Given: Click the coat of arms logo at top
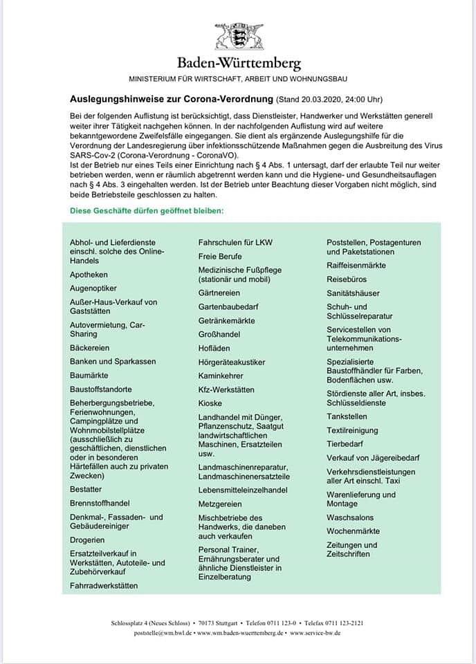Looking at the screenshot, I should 238,35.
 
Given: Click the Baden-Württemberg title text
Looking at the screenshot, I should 238,63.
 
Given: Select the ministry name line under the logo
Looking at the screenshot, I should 238,80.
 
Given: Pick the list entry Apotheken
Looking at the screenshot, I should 89,275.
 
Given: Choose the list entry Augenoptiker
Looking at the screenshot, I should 93,288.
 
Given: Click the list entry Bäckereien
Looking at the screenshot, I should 90,348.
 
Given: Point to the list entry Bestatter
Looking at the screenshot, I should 86,489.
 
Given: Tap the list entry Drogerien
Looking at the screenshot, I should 87,540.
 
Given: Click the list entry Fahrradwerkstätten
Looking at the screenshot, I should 104,586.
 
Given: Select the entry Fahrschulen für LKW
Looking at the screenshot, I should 236,243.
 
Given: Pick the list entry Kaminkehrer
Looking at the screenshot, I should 221,376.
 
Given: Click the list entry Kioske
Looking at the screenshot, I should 210,403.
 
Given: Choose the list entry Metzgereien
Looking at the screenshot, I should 220,504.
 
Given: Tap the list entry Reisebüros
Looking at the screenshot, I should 347,279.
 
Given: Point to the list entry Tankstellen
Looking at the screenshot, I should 347,416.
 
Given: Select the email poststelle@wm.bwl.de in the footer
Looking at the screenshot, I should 163,633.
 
